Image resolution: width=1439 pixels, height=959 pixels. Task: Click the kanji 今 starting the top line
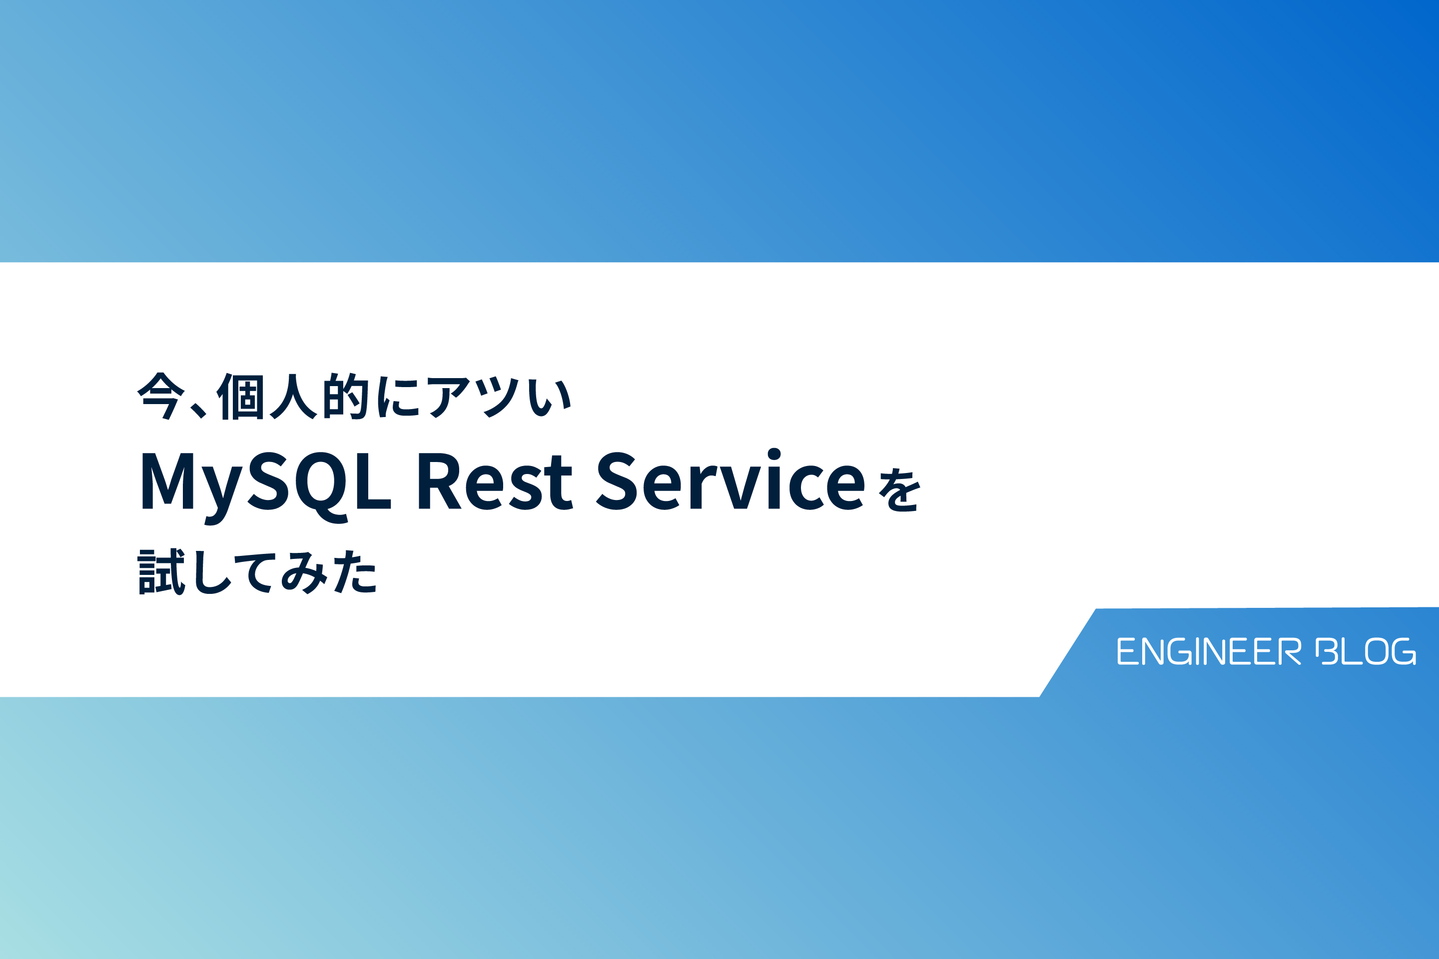tap(160, 396)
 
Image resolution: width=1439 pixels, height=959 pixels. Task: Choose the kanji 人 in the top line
tap(293, 396)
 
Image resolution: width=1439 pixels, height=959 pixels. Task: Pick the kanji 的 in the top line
tap(346, 396)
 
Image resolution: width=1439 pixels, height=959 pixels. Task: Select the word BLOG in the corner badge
tap(1366, 651)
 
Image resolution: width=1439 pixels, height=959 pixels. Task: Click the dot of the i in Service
tap(774, 454)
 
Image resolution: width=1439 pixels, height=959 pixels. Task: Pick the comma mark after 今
tap(198, 411)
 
